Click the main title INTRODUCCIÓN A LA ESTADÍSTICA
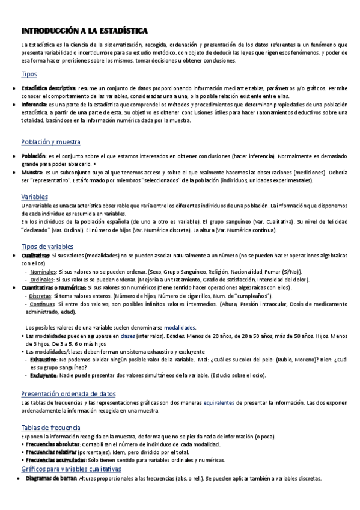(85, 31)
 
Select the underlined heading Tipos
(29, 75)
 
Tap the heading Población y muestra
(50, 142)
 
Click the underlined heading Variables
(35, 197)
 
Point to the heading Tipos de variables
(47, 247)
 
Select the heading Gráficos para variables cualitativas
(71, 469)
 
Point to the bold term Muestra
(34, 172)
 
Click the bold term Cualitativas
(35, 256)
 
